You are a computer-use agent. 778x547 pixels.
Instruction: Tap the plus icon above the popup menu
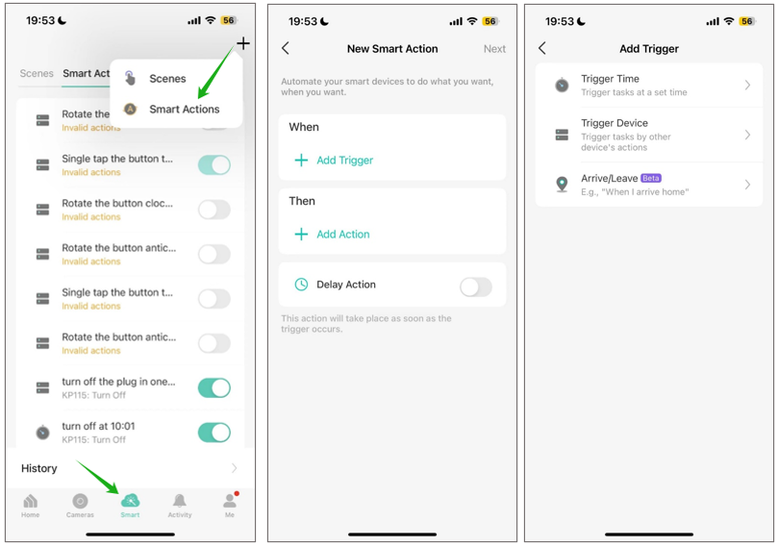pos(243,43)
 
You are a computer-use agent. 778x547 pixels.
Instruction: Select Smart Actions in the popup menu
pos(184,110)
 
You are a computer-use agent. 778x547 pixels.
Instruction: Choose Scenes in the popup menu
pos(167,79)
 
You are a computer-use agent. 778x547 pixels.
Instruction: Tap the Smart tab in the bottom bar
pos(130,505)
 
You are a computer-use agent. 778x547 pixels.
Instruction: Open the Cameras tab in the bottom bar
pos(80,505)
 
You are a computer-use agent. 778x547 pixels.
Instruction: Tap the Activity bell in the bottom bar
pos(180,505)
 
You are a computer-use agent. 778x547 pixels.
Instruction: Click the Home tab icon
pos(31,505)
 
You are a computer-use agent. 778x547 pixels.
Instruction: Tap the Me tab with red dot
pos(230,505)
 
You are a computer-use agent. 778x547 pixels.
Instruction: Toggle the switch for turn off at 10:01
pos(213,433)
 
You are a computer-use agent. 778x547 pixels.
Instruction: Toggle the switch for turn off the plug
pos(213,388)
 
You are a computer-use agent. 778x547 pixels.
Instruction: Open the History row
pos(130,468)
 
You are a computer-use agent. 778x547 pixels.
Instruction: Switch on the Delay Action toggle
pos(475,286)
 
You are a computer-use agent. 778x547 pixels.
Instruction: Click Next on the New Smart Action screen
pos(494,49)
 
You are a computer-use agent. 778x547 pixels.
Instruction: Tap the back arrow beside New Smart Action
pos(286,48)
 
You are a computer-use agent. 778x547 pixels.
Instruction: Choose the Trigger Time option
pos(649,86)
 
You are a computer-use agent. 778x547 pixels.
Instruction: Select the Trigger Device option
pos(649,136)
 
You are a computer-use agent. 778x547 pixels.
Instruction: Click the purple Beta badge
pos(651,178)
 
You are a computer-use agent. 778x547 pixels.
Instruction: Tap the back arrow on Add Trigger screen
pos(542,48)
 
